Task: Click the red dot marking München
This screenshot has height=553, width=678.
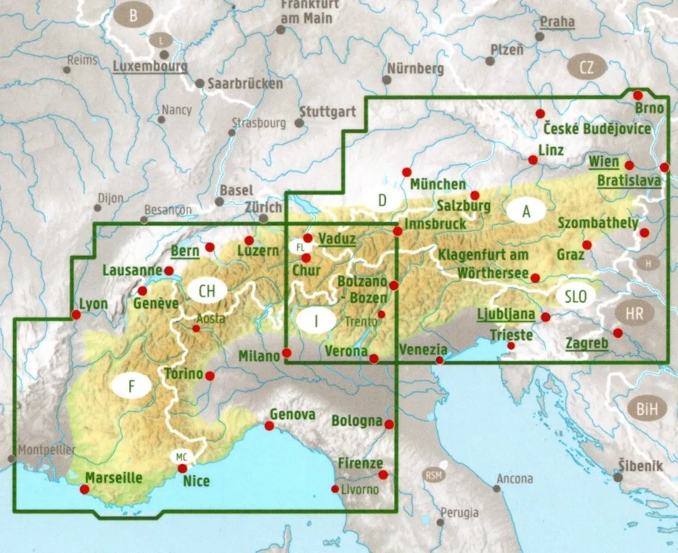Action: tap(407, 172)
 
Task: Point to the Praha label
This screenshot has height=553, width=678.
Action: tap(557, 22)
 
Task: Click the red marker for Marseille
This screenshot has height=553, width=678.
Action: tap(85, 489)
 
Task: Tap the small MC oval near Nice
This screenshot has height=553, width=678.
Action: tap(180, 457)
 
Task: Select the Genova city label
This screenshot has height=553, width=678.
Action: tap(293, 414)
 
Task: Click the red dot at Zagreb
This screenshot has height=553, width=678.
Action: tap(618, 333)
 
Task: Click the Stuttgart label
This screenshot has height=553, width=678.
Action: tap(327, 111)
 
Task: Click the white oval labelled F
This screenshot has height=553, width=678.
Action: tap(132, 387)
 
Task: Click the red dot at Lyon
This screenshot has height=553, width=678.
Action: tap(75, 315)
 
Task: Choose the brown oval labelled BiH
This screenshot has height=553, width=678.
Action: tap(647, 409)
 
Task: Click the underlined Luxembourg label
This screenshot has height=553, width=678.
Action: tap(150, 67)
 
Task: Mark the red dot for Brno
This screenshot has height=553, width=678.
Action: tap(638, 96)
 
